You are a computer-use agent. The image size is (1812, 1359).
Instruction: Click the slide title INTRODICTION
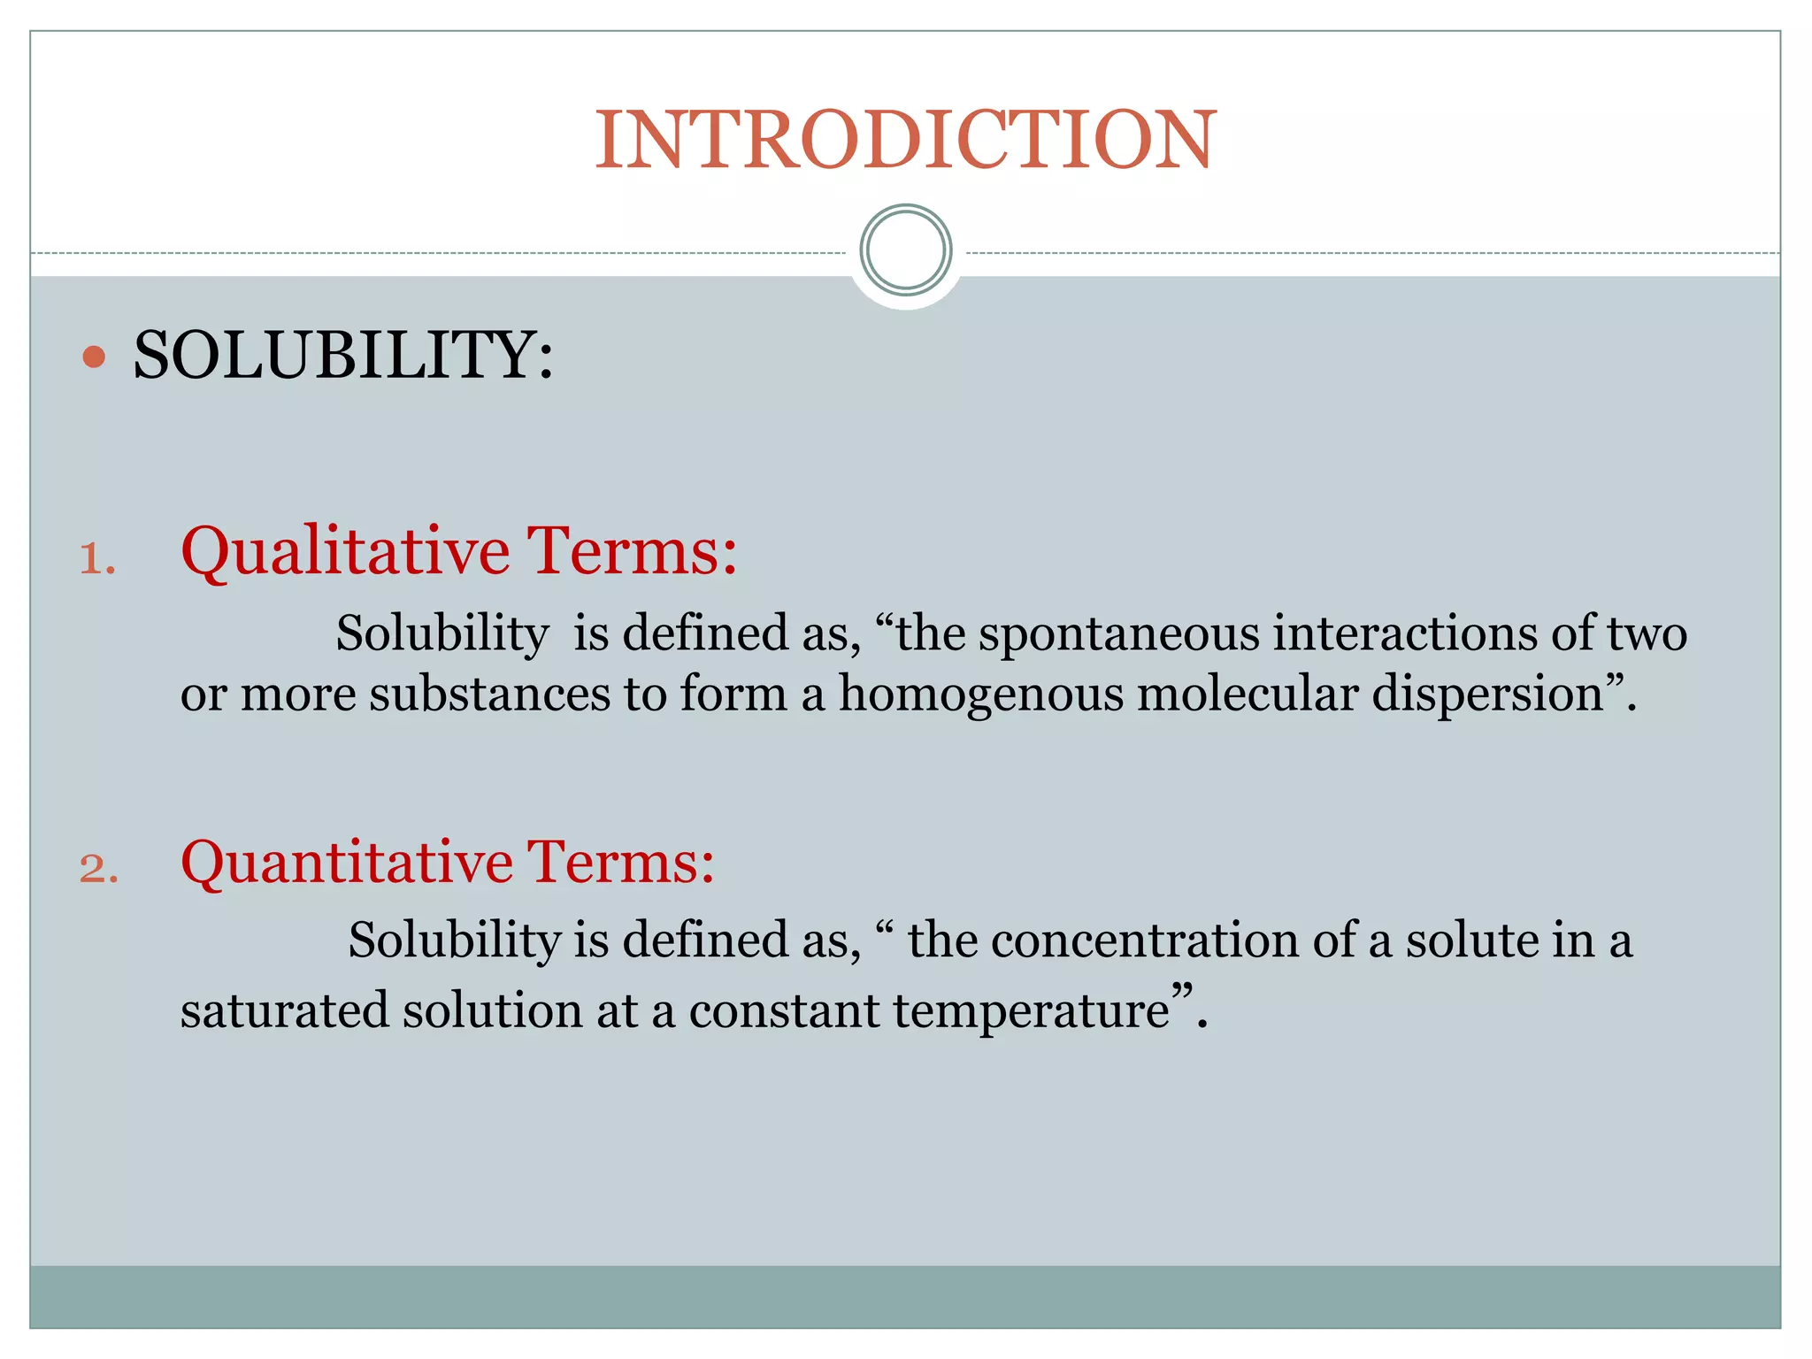(905, 139)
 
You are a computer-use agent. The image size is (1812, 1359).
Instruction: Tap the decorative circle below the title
(905, 250)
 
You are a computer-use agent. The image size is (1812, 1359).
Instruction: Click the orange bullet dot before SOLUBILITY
(94, 357)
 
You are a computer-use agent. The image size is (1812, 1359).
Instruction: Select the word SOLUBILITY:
(343, 356)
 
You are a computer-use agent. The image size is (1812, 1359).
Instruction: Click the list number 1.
(97, 560)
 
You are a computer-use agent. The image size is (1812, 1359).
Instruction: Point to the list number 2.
(98, 869)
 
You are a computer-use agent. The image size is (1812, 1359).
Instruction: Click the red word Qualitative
(345, 553)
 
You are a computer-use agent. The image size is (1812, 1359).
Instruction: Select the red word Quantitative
(347, 863)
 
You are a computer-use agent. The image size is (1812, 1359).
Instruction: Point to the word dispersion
(1486, 695)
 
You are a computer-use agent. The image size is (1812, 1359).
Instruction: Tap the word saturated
(284, 1010)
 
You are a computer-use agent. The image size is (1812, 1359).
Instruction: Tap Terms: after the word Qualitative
(632, 551)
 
